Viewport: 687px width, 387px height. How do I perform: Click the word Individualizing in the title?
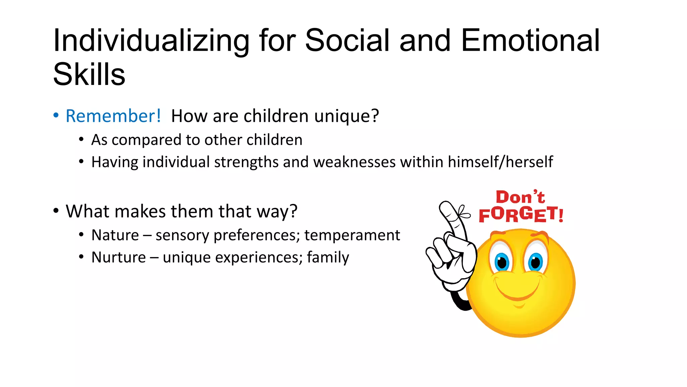151,41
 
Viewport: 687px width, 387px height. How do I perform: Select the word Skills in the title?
89,75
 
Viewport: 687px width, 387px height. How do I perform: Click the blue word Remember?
113,116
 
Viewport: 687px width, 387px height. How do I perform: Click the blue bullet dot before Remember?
56,115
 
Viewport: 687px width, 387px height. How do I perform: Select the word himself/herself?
500,162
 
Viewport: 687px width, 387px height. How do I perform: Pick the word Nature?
115,235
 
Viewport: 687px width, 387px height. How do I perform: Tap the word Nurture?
119,258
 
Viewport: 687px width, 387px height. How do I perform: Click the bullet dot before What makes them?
56,211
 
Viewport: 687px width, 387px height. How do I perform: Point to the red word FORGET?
521,215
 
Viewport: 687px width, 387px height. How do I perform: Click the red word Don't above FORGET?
520,197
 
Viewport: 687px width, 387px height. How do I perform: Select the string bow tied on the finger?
463,212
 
